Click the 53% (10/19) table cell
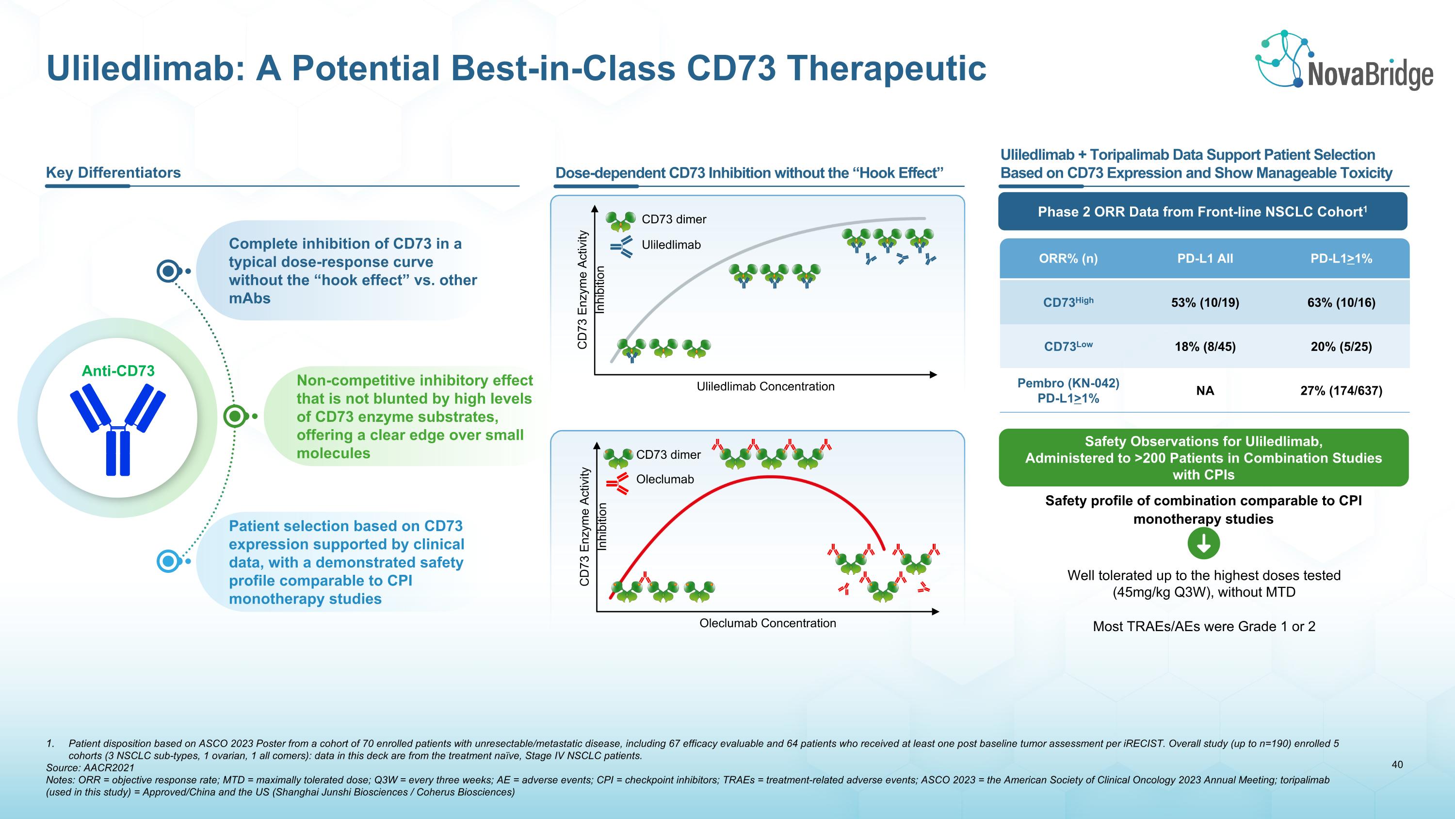click(1205, 302)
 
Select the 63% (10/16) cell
click(1341, 302)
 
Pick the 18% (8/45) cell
click(1205, 347)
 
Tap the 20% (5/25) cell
click(1341, 347)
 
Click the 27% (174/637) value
click(1341, 390)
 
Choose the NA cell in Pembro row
click(1205, 390)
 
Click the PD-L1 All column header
click(1205, 258)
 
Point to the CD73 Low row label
click(1067, 347)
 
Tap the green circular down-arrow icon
click(1204, 544)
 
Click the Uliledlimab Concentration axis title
click(765, 386)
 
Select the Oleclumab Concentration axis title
click(767, 623)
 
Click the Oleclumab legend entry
click(664, 479)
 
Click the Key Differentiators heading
click(113, 172)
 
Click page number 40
click(1397, 765)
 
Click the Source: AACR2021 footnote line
click(90, 768)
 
